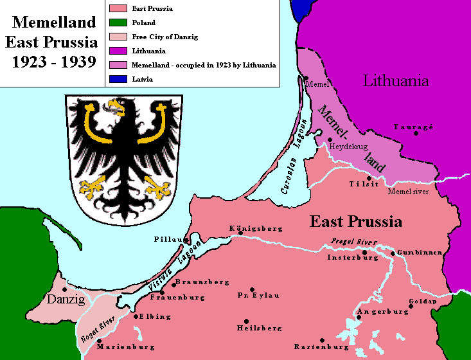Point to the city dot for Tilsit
(x=369, y=178)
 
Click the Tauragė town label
(x=413, y=127)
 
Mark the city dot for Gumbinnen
(x=393, y=253)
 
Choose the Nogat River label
(x=98, y=328)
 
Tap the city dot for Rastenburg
(x=322, y=340)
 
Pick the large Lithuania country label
(x=396, y=81)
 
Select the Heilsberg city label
(x=259, y=328)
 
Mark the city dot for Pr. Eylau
(x=252, y=290)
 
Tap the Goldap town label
(x=422, y=301)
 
